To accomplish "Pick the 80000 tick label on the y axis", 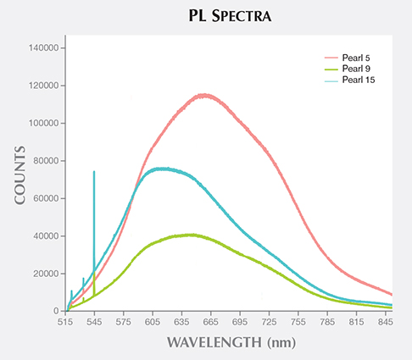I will [44, 161].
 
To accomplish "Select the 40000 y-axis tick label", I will [44, 236].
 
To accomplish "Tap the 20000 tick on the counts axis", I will [44, 274].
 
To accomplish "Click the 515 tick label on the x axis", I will [67, 323].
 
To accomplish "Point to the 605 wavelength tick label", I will [153, 323].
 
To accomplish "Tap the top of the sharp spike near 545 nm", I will [94, 172].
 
